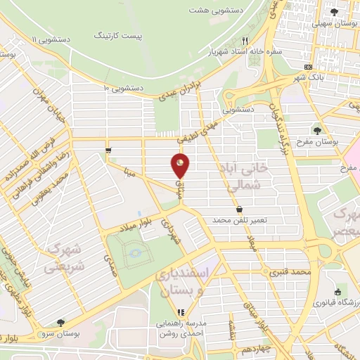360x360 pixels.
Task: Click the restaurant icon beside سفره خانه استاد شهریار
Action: (x=245, y=41)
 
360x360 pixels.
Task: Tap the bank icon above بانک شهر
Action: (x=309, y=67)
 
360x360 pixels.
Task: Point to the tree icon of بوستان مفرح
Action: (x=317, y=130)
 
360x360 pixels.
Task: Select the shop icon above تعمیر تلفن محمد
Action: (x=240, y=209)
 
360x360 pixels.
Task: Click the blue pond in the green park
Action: (x=135, y=252)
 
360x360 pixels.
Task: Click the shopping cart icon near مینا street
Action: (x=108, y=150)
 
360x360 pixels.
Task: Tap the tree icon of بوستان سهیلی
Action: (x=335, y=12)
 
